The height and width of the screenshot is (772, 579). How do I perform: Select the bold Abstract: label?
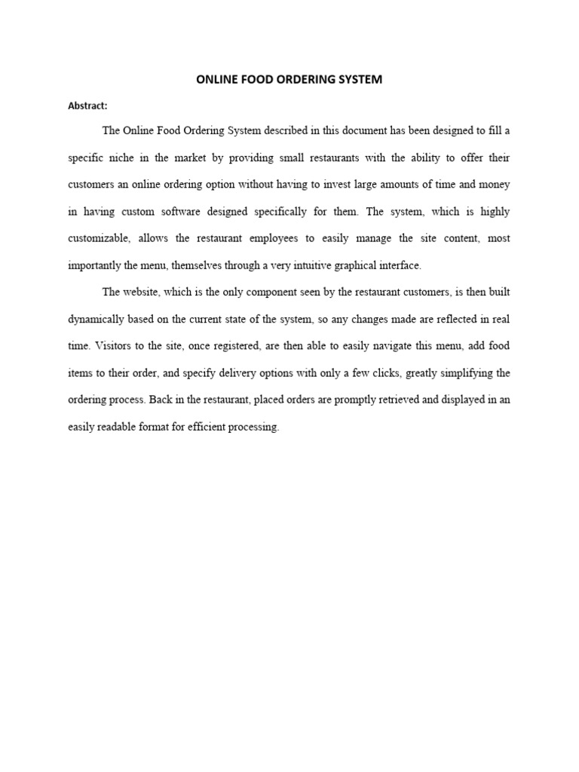[x=87, y=106]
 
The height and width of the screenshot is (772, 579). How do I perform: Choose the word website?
[x=140, y=292]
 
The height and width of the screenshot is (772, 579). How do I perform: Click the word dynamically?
[x=97, y=319]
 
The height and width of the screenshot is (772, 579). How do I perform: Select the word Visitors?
[x=115, y=346]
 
